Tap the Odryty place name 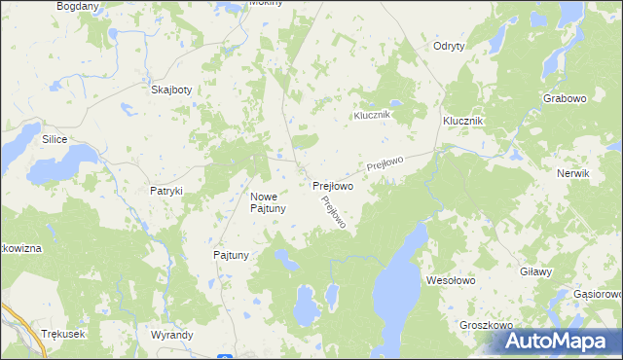449,46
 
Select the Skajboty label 172,90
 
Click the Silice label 54,139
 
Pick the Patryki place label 166,191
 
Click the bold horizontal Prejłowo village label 332,185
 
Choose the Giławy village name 537,273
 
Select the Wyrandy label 172,334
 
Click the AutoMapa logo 561,340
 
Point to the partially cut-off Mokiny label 266,3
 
